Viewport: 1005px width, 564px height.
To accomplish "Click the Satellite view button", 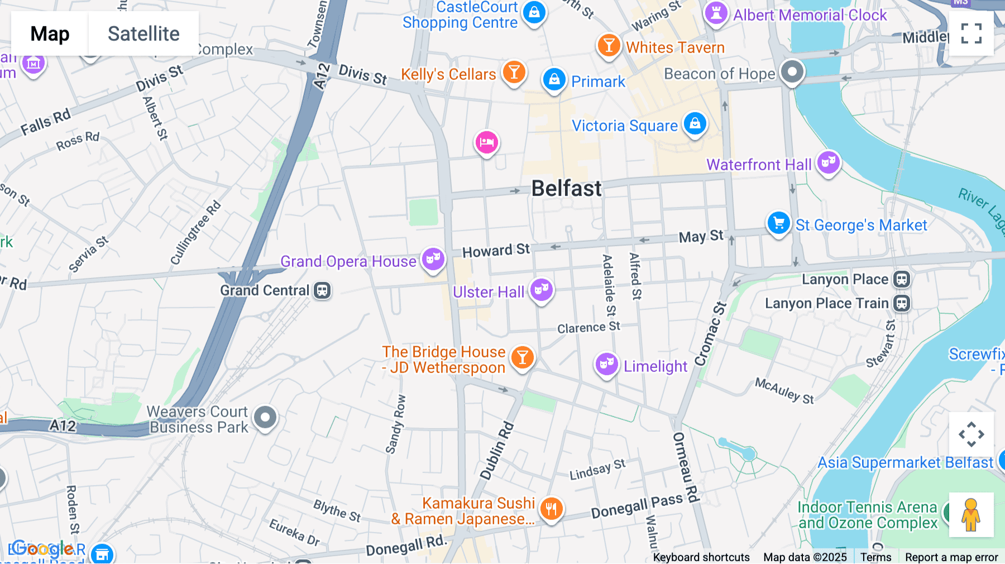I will (x=143, y=34).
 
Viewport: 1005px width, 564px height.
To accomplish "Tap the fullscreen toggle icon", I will (x=971, y=34).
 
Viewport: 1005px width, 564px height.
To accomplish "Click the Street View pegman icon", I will (x=971, y=515).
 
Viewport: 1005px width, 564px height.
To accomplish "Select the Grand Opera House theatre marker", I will (x=433, y=259).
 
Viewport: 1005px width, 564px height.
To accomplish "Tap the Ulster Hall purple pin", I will (x=541, y=290).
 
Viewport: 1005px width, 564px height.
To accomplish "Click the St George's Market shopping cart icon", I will (x=778, y=223).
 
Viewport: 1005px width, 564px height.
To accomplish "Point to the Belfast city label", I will (x=566, y=189).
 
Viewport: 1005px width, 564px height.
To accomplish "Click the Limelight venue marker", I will (x=606, y=365).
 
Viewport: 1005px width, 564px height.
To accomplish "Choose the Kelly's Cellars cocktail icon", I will (x=514, y=73).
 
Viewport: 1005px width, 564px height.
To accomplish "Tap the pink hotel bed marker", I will (x=486, y=143).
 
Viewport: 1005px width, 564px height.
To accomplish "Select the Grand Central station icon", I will (x=322, y=290).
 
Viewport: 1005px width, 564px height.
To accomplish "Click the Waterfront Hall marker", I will (x=829, y=163).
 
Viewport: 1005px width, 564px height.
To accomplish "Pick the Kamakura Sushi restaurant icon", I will (x=551, y=509).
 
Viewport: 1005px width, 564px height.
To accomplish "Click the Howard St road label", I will (x=496, y=251).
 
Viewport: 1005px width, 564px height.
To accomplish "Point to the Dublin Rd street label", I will (x=496, y=451).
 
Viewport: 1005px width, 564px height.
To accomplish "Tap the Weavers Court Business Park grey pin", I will (x=265, y=417).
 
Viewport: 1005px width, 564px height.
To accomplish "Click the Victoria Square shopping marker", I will (x=695, y=123).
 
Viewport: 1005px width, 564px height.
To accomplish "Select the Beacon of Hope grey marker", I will (x=792, y=72).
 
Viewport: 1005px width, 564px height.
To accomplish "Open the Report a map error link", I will (x=951, y=557).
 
